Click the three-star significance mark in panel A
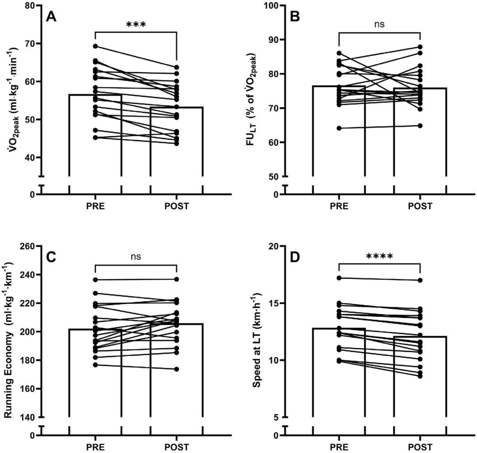[136, 25]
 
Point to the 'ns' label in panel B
[379, 24]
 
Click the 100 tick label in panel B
[271, 6]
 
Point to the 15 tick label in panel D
[274, 303]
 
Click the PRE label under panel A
[95, 206]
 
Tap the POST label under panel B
[419, 206]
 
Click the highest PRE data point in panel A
[95, 46]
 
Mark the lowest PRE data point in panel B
[339, 128]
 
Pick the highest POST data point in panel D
[419, 280]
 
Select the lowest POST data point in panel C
[177, 369]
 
